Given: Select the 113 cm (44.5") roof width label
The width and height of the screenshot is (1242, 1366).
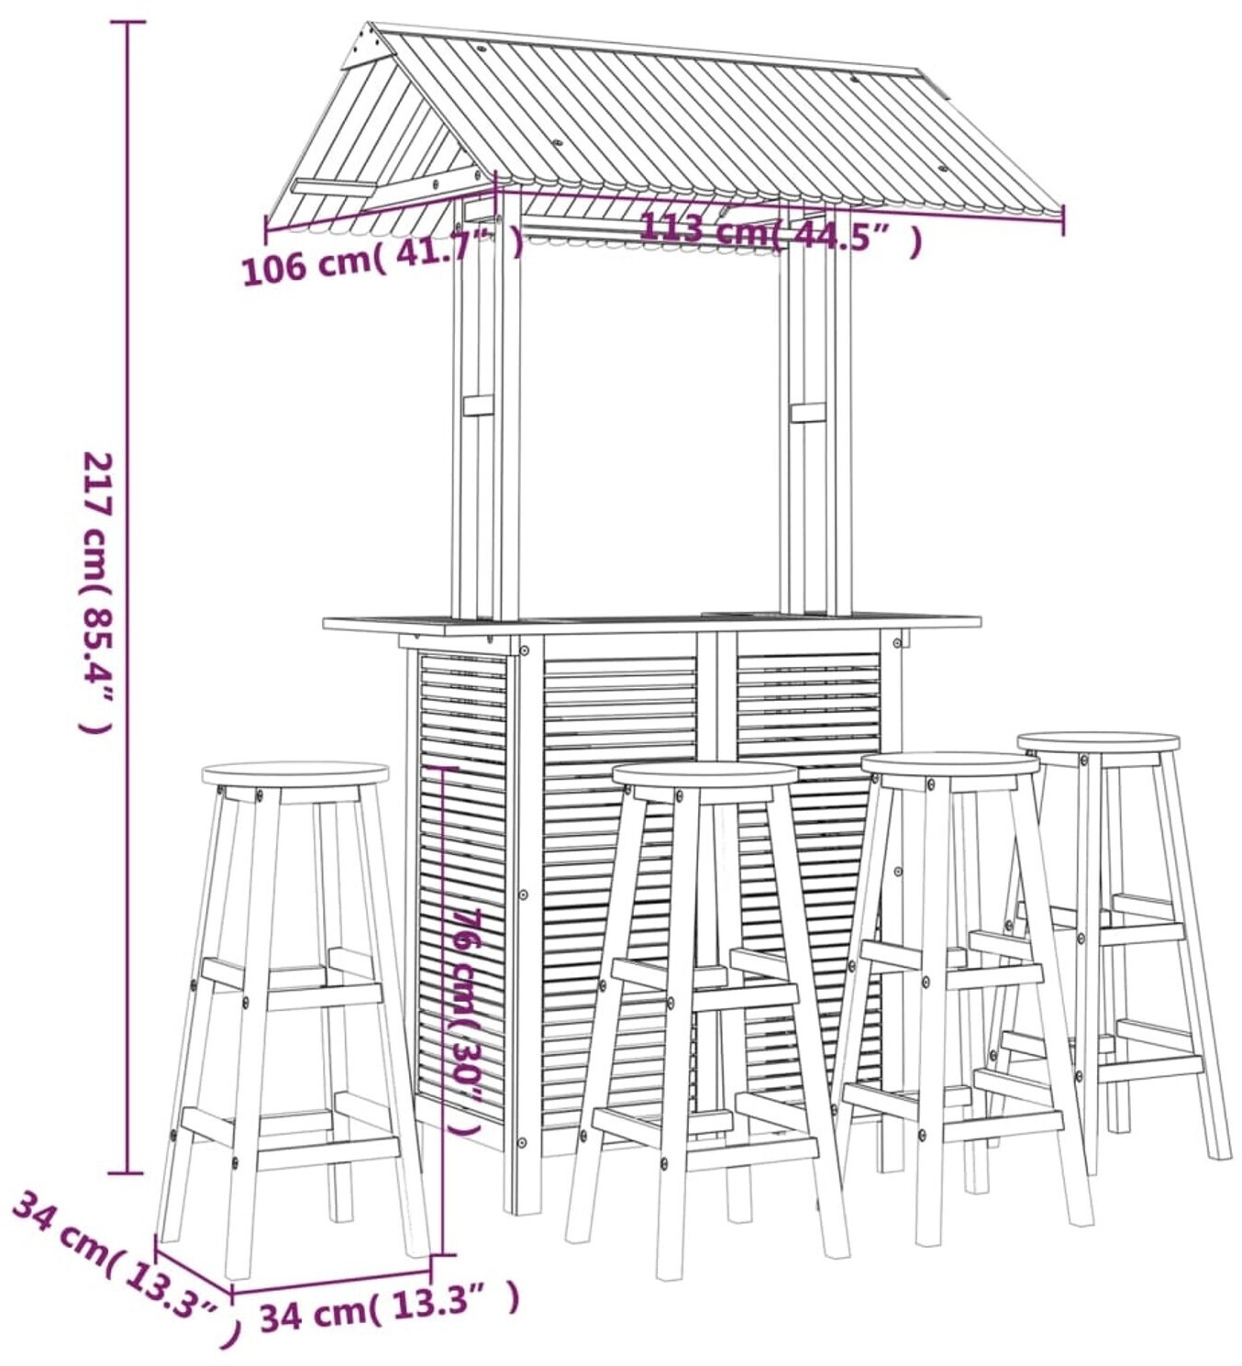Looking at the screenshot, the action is point(781,231).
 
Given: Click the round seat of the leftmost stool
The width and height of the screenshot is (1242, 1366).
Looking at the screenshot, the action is point(295,774).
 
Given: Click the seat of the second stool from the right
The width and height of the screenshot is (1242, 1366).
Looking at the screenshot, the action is point(950,764).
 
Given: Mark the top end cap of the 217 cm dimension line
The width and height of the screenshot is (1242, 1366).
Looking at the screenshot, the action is point(128,22).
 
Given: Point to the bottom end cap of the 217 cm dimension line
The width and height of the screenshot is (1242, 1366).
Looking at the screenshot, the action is point(127,1173).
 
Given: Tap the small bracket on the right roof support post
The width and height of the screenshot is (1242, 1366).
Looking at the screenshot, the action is point(808,412).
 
